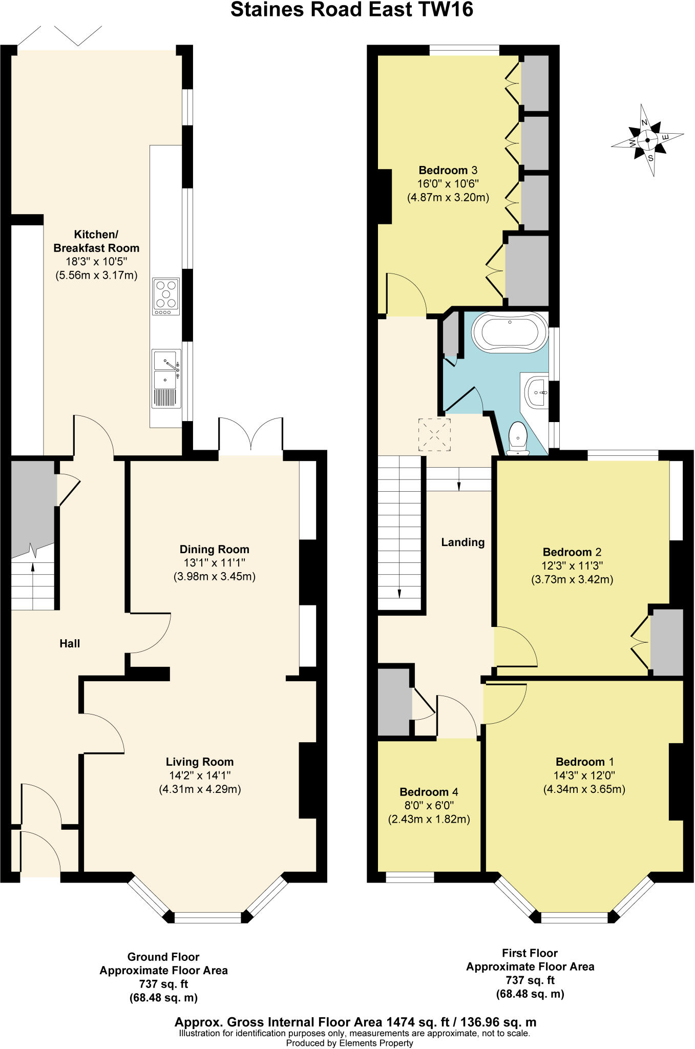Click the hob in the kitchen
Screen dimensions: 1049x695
166,297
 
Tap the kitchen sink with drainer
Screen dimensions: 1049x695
166,379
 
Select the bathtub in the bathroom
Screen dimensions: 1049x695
510,331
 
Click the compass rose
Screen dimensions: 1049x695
648,140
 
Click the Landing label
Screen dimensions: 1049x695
462,542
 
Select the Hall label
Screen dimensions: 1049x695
70,643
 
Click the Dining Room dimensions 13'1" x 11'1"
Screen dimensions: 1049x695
214,563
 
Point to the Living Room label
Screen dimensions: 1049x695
199,762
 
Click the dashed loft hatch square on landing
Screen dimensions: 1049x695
435,435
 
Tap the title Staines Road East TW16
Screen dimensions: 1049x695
351,10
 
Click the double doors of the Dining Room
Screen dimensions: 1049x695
251,435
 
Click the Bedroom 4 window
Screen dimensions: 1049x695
410,877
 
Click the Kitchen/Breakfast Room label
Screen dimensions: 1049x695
96,241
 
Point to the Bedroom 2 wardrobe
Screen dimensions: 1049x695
666,642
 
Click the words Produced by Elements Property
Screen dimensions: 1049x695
349,1043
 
